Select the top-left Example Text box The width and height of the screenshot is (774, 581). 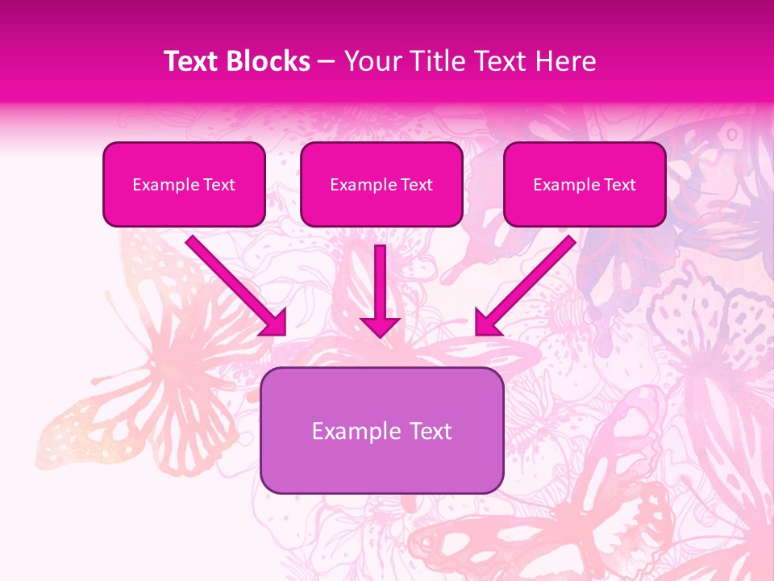pos(184,184)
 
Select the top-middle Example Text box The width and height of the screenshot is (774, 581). pos(381,184)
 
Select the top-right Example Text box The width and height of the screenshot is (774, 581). pos(585,184)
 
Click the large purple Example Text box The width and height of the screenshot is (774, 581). pos(382,430)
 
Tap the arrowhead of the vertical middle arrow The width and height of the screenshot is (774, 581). pos(381,326)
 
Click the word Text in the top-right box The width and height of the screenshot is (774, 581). pos(620,185)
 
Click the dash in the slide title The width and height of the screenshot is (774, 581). pos(327,62)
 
